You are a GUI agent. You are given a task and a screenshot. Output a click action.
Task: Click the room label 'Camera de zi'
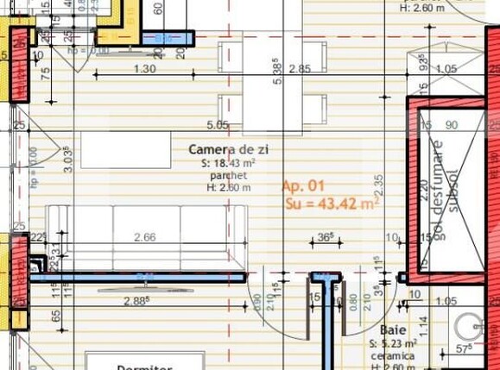[x=228, y=150]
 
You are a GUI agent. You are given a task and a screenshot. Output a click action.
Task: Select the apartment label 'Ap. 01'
[x=303, y=185]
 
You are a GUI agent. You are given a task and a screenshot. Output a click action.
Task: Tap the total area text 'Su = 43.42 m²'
[x=332, y=204]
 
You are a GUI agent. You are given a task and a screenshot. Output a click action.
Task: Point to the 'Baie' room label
[x=393, y=330]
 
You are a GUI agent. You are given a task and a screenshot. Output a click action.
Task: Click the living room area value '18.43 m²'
[x=235, y=163]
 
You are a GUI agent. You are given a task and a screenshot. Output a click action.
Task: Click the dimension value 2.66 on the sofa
[x=145, y=237]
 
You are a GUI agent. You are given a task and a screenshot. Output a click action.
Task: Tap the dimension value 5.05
[x=218, y=125]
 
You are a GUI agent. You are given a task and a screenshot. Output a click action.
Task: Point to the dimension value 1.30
[x=145, y=69]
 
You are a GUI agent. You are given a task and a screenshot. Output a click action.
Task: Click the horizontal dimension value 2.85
[x=300, y=69]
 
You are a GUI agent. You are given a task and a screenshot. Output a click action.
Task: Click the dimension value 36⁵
[x=325, y=236]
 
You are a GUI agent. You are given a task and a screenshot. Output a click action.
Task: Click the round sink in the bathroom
[x=471, y=327]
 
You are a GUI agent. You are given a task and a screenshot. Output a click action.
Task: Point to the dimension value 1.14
[x=423, y=323]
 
